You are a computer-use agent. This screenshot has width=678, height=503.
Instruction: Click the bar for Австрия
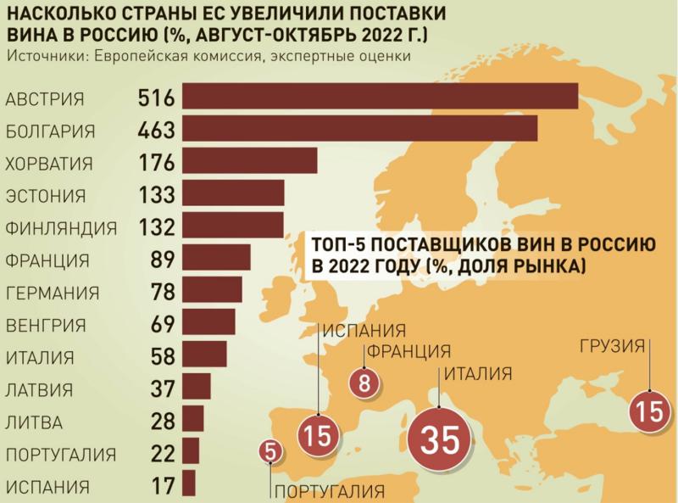tap(380, 97)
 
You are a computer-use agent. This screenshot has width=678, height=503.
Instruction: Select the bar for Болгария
tap(359, 129)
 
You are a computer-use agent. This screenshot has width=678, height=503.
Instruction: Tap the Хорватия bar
tap(249, 161)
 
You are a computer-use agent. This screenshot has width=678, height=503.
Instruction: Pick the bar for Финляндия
tap(232, 226)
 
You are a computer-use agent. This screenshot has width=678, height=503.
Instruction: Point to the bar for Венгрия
tap(208, 323)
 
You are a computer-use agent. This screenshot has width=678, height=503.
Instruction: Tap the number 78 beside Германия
tap(160, 292)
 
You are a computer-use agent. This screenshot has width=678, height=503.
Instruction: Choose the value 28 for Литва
tap(160, 422)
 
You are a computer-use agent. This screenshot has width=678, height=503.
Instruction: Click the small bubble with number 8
tap(364, 382)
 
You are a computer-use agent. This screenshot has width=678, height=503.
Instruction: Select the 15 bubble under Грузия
tap(648, 412)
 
